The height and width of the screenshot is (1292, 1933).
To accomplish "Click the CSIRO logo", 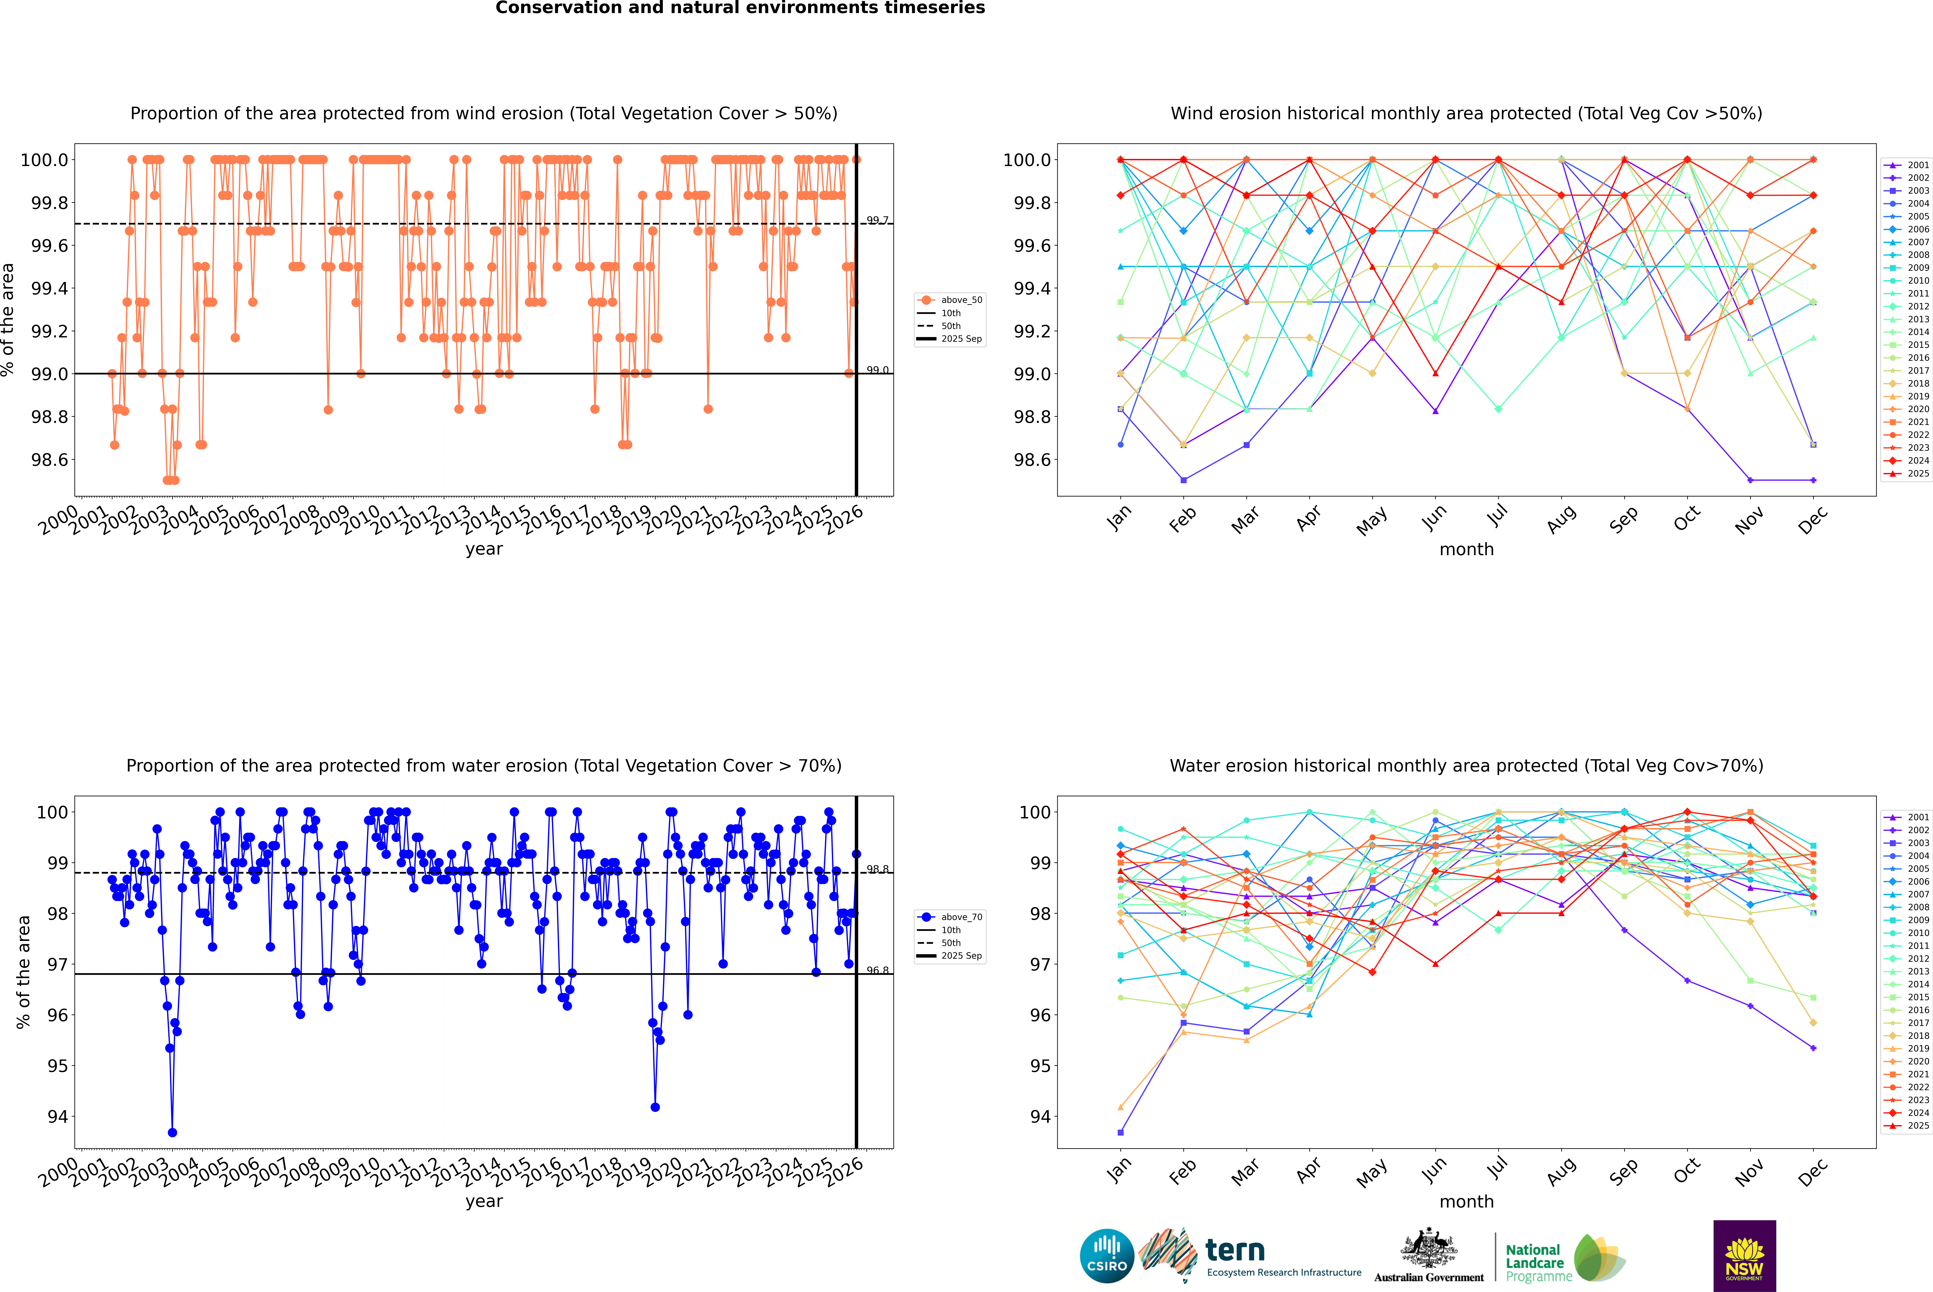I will (1107, 1256).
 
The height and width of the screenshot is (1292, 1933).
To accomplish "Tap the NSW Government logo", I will (1744, 1256).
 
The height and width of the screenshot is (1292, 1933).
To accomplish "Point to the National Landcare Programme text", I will (1534, 1263).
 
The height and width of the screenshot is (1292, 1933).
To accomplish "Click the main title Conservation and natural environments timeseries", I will (740, 8).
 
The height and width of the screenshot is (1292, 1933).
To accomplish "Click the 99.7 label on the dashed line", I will (877, 220).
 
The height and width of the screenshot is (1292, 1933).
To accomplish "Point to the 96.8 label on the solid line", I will (877, 971).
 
